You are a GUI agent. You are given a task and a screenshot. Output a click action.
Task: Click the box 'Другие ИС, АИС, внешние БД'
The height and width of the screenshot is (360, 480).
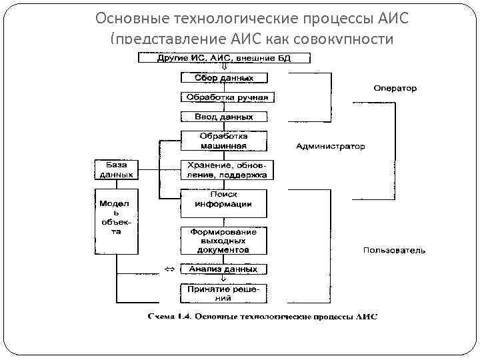[224, 58]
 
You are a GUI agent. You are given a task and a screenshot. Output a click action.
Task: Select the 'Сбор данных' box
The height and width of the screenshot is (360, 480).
[224, 78]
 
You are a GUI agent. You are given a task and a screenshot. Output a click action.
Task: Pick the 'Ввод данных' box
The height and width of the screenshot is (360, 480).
[224, 117]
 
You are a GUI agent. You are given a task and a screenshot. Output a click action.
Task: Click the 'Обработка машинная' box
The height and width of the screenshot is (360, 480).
[224, 141]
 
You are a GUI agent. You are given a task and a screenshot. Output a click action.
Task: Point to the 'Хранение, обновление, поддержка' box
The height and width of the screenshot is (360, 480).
[224, 170]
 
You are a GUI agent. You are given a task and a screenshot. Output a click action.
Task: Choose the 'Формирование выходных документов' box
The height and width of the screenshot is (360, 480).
[224, 241]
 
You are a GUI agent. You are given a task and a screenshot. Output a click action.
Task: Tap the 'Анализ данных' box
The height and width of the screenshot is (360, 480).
[224, 269]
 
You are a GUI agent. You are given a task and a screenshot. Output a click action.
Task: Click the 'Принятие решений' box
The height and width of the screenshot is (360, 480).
[224, 293]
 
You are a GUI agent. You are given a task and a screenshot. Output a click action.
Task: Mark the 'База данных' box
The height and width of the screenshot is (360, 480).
[116, 169]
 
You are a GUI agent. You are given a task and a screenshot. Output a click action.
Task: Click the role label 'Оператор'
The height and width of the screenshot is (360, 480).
[395, 88]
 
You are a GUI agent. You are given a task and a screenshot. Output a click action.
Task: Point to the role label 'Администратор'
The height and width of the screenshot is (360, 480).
[330, 146]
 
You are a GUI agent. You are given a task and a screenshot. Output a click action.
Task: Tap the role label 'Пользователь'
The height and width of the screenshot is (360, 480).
[394, 251]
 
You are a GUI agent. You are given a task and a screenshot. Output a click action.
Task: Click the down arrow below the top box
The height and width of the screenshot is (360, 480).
[224, 67]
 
